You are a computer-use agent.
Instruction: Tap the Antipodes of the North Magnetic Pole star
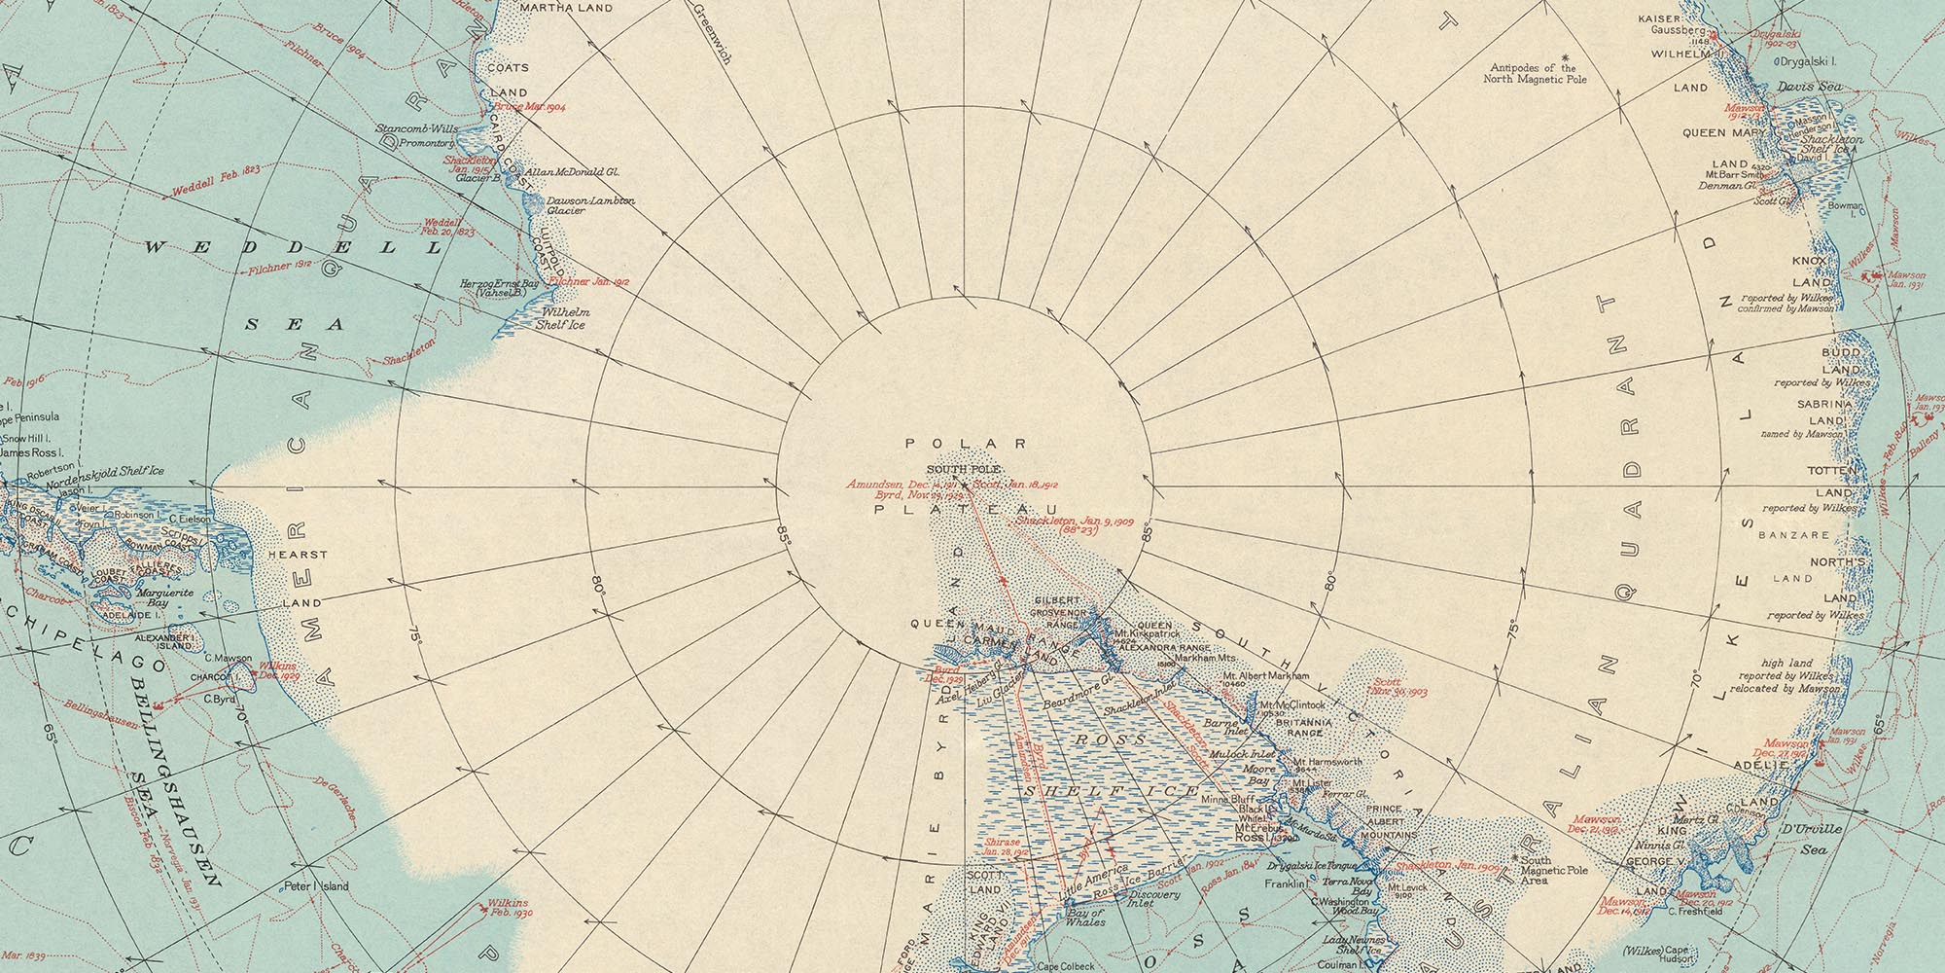coord(1565,57)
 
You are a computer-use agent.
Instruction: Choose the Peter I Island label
coord(316,886)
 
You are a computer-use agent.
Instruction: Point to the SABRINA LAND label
coord(1809,420)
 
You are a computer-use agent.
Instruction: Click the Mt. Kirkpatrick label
coord(1147,633)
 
